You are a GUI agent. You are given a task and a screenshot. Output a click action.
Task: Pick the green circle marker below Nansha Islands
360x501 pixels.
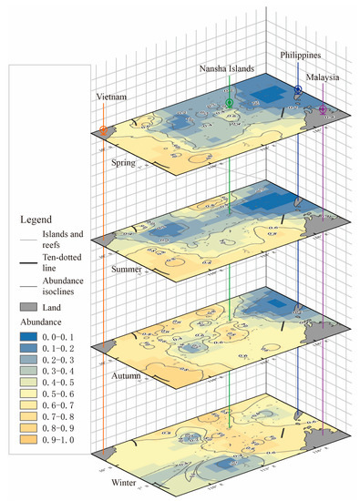(x=230, y=104)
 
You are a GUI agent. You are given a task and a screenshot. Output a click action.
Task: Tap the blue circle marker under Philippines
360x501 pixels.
(x=298, y=89)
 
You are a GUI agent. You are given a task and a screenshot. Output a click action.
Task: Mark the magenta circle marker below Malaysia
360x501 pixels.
(x=323, y=110)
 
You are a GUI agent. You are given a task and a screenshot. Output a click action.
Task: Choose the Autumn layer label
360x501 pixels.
(x=127, y=375)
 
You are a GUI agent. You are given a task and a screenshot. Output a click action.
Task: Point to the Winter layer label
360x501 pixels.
(x=125, y=484)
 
